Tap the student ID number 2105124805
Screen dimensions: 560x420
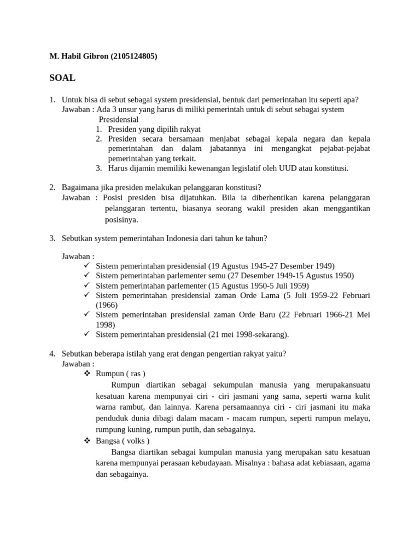point(135,56)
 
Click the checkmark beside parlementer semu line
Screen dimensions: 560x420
point(87,275)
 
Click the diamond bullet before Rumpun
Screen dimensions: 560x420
point(87,374)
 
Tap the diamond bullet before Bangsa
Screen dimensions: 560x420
point(87,441)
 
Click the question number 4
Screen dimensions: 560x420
point(52,354)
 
